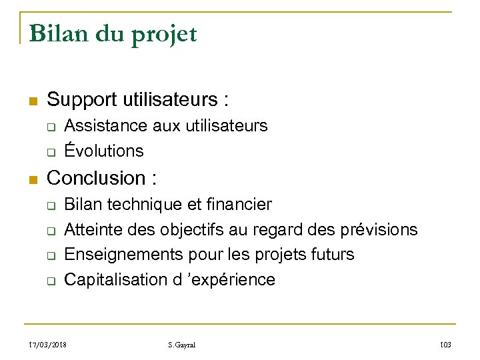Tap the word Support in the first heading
pos(82,101)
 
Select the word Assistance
pos(105,125)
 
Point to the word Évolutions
pos(103,151)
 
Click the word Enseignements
pos(118,255)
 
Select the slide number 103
pos(446,344)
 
